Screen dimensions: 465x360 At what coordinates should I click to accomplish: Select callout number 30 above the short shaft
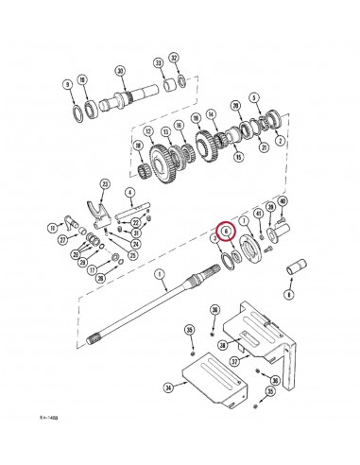(x=120, y=72)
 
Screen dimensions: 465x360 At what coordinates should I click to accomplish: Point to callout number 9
(x=67, y=84)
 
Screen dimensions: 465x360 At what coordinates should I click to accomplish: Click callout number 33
(x=158, y=62)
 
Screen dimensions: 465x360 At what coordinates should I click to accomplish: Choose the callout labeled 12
(x=148, y=130)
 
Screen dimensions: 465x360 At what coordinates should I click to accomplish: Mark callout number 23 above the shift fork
(x=106, y=183)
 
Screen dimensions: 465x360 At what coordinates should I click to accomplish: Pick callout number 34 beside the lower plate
(x=167, y=387)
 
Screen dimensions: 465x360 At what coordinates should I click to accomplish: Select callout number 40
(x=283, y=201)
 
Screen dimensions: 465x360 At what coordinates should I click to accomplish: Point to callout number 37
(x=233, y=358)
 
